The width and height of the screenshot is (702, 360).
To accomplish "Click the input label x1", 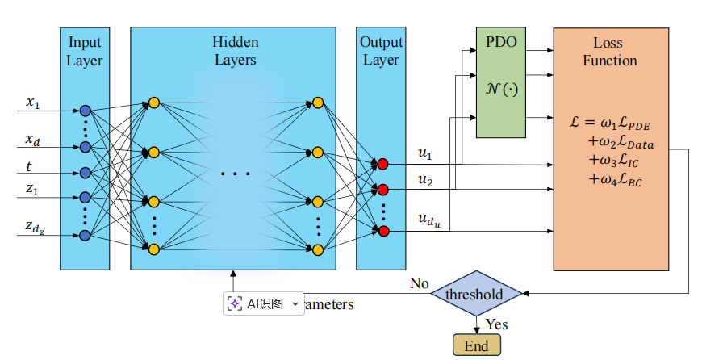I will click(33, 103).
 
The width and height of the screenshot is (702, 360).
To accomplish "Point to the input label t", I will click(31, 167).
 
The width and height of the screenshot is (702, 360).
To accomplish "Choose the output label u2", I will click(425, 180).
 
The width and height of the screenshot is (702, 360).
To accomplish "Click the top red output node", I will click(383, 164).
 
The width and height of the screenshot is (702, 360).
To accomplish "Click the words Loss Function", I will click(609, 52).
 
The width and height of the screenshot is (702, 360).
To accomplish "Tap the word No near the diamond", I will click(420, 283).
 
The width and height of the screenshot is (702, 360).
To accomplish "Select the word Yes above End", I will click(496, 324).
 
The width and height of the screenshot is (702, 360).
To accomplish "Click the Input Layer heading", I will click(85, 51).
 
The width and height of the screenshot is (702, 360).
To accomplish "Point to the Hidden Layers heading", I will click(234, 51).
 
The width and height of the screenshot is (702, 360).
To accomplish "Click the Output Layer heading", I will click(381, 51).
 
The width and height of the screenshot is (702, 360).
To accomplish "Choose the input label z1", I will click(33, 190).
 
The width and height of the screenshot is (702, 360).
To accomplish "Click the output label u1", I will click(425, 153).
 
